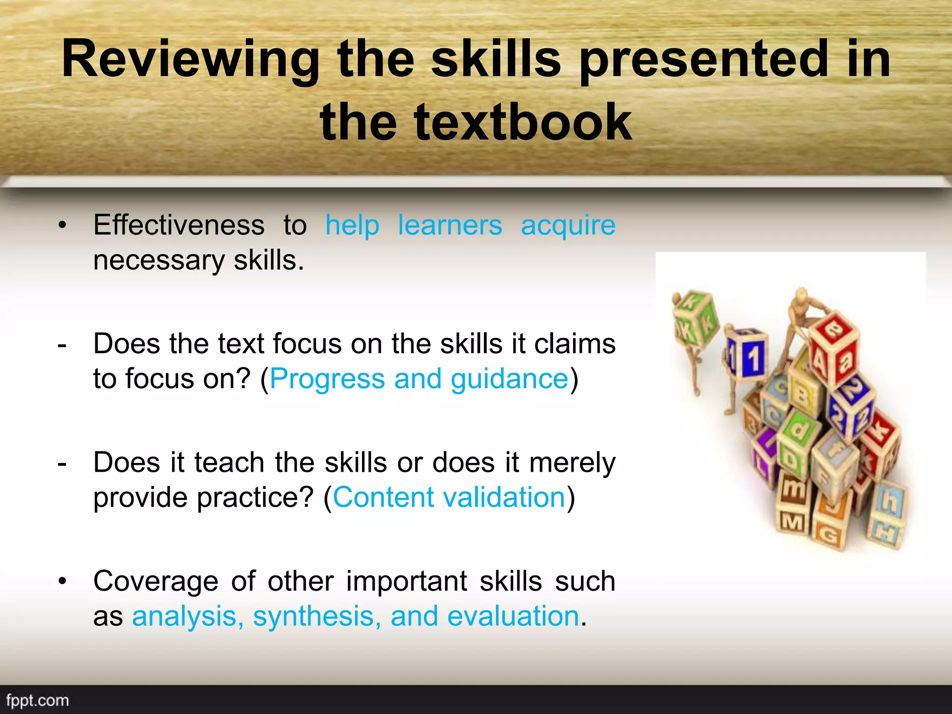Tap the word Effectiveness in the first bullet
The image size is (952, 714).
point(179,225)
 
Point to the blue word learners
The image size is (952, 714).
point(450,225)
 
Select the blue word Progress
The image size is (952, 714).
point(327,379)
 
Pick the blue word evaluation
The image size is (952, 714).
point(513,616)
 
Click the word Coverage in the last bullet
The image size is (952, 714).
point(156,582)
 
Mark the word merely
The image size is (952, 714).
point(572,463)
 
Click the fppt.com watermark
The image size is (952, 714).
point(38,701)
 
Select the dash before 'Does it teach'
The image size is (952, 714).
point(62,463)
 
